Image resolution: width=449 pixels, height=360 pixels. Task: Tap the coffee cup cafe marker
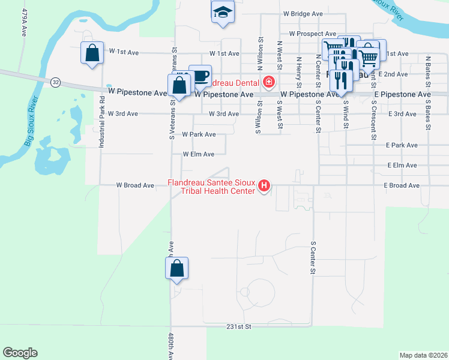(200, 76)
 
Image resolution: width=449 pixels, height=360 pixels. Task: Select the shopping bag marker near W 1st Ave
(91, 53)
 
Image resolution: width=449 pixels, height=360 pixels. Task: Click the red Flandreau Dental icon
(268, 82)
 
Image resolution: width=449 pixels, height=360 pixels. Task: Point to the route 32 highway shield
(55, 82)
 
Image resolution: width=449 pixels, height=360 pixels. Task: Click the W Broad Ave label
(135, 185)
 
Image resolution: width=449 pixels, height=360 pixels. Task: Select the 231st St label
(238, 327)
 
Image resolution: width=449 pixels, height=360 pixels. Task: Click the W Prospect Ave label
(312, 34)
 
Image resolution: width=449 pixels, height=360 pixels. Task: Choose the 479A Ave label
(25, 23)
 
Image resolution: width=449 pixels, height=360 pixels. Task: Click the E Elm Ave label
(403, 165)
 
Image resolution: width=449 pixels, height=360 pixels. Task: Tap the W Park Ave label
(198, 135)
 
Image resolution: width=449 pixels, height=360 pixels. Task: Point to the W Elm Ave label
(199, 154)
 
